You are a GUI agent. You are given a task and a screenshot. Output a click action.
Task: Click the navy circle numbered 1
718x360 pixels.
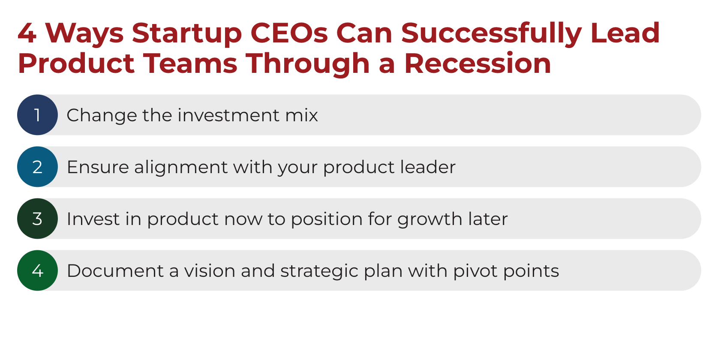tap(37, 115)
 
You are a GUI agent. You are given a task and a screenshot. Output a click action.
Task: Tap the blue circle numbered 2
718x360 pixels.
tap(37, 167)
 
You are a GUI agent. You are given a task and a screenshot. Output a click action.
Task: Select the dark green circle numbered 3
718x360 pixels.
tap(37, 219)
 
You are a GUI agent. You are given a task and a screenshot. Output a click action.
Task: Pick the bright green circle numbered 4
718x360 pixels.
tap(37, 270)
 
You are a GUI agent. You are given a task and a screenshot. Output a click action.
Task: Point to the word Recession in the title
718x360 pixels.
tap(478, 63)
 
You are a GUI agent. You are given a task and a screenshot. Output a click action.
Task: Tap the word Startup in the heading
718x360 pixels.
tap(187, 35)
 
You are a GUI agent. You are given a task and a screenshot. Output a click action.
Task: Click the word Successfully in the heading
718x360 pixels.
tap(491, 35)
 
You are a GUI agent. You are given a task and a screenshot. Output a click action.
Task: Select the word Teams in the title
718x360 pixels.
tap(190, 63)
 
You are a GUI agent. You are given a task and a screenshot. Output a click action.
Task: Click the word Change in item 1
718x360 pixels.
tap(102, 116)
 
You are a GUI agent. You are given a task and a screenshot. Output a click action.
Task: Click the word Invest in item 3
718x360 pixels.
tap(93, 219)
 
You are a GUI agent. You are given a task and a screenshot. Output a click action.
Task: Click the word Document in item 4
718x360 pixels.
tap(115, 271)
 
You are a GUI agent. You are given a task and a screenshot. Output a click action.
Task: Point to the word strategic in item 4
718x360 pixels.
tap(319, 272)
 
